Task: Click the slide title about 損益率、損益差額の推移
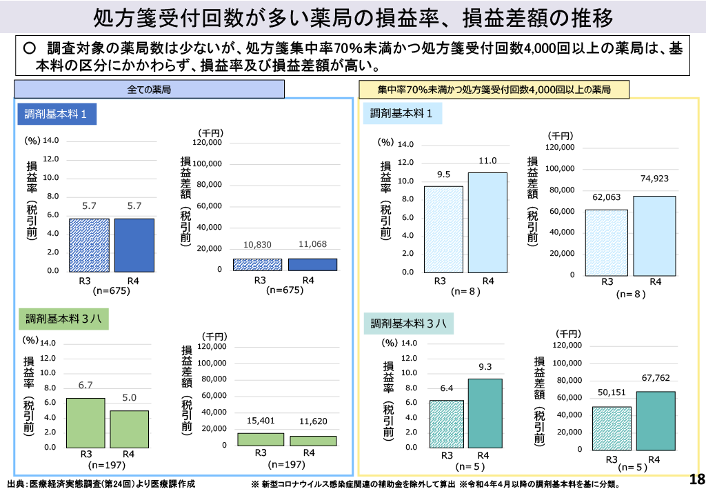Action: point(352,17)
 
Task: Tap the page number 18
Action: point(697,479)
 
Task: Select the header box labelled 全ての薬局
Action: point(149,90)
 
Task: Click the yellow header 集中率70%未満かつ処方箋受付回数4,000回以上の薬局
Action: point(494,90)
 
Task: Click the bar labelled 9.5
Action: point(443,229)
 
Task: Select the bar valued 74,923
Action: point(655,235)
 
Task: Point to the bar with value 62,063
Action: point(607,242)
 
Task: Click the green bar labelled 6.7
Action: point(85,422)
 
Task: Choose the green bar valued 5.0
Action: point(129,428)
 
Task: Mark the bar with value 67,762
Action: point(656,420)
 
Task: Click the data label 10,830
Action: point(258,245)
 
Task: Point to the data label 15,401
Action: point(261,421)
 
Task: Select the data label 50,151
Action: point(612,392)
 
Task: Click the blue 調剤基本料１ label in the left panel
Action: point(56,114)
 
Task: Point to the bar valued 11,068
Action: point(312,264)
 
